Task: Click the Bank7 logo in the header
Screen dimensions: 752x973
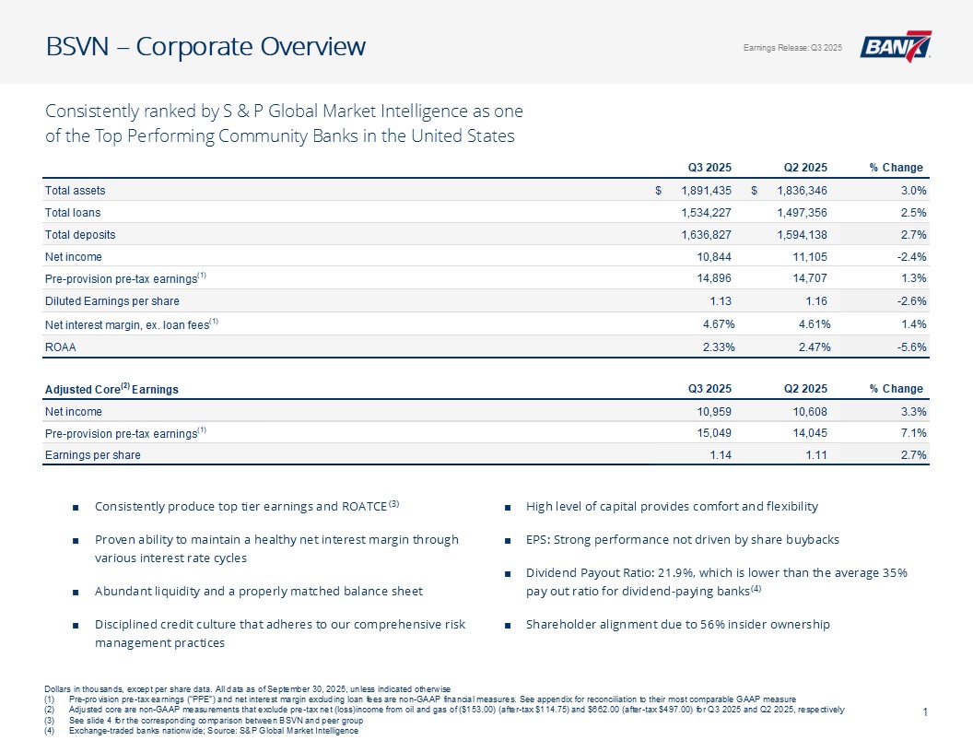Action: click(896, 47)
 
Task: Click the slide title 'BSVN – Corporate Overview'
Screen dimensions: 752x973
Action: click(205, 46)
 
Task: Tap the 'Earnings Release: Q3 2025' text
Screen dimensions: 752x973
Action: click(792, 48)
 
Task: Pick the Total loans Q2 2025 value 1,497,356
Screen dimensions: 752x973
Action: click(794, 213)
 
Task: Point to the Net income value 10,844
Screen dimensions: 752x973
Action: click(713, 257)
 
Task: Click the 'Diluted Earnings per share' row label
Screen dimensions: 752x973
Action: click(112, 301)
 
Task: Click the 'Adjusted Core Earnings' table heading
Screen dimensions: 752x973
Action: click(111, 389)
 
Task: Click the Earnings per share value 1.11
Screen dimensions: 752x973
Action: click(814, 455)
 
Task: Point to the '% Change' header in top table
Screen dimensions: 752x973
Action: click(896, 168)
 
